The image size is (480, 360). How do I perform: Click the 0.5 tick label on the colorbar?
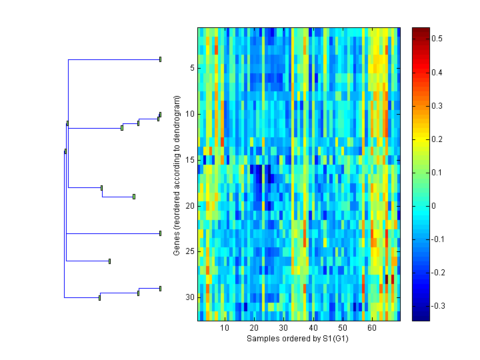click(x=437, y=39)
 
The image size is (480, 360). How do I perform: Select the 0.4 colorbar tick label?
click(x=437, y=73)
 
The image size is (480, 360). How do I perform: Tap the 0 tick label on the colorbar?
click(x=434, y=206)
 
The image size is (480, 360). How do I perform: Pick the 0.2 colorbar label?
click(x=437, y=139)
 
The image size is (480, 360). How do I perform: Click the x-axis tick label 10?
click(x=225, y=328)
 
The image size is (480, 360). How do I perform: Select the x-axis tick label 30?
click(x=283, y=328)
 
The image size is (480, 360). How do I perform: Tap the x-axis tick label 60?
click(x=371, y=328)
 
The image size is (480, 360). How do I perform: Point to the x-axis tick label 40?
click(x=313, y=328)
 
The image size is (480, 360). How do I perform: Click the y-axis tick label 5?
click(x=191, y=68)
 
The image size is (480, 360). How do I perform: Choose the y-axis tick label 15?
click(x=189, y=160)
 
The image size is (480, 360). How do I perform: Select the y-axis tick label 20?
click(x=189, y=206)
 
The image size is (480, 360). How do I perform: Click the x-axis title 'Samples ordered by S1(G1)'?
click(x=297, y=339)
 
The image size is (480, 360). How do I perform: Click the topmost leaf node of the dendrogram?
click(x=160, y=59)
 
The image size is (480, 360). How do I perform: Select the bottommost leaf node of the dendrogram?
click(x=160, y=288)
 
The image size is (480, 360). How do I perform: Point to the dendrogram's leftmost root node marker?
click(x=65, y=151)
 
